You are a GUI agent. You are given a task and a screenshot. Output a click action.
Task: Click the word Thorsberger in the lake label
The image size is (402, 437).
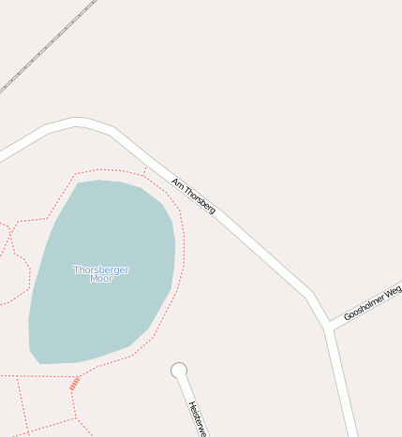click(x=101, y=269)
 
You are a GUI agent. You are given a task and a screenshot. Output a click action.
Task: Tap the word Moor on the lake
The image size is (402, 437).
click(x=101, y=279)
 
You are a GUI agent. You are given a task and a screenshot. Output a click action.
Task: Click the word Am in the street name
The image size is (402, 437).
click(x=176, y=182)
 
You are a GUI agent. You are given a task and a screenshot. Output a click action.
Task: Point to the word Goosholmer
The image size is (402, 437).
click(x=363, y=307)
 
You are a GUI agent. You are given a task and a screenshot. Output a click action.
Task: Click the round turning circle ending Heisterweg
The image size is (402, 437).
click(x=179, y=371)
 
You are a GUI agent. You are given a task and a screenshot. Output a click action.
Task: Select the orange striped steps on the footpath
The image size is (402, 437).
click(x=74, y=383)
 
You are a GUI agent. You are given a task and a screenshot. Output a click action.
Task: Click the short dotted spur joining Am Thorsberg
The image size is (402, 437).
click(x=146, y=172)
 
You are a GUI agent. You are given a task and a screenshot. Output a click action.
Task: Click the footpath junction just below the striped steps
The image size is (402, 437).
click(x=71, y=393)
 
